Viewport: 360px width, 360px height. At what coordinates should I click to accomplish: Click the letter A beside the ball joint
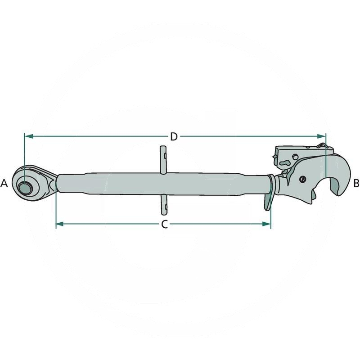pos(4,184)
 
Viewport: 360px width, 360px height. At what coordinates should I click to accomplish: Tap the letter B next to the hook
pos(356,184)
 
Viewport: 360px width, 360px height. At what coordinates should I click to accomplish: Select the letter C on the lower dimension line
pos(164,224)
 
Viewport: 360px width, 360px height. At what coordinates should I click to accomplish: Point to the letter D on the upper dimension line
pos(174,137)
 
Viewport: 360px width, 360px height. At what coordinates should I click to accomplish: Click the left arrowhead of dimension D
pos(29,136)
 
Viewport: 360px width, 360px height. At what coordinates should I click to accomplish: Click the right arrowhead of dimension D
pos(321,136)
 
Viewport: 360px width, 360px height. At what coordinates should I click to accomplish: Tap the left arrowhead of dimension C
pos(60,224)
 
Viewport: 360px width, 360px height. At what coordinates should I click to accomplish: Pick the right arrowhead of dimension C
pos(266,224)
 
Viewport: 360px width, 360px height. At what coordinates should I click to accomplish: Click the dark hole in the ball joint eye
pos(25,188)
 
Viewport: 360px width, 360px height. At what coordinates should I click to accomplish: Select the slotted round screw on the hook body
pos(302,179)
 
